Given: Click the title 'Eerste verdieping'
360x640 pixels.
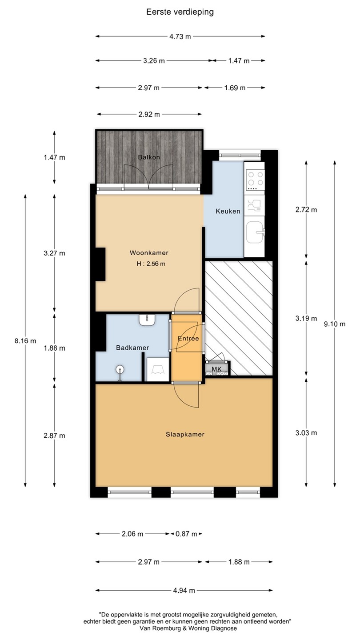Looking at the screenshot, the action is point(180,12).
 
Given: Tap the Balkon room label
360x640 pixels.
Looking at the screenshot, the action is point(149,157).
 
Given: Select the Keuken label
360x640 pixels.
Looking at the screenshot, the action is point(228,212).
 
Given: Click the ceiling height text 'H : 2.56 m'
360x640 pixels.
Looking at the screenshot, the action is point(151,264).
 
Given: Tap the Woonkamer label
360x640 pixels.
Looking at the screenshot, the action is point(149,253).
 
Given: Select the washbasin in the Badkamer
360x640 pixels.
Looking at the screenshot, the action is point(147,320).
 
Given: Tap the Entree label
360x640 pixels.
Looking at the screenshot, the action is point(188,339).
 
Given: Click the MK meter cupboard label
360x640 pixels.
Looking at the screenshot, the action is point(216,369).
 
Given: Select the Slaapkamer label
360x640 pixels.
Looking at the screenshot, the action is point(185,435).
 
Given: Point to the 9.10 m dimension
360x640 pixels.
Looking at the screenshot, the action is point(335,324).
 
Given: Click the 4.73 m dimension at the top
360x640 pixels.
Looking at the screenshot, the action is point(180,36).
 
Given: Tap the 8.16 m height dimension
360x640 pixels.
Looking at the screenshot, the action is point(25,340).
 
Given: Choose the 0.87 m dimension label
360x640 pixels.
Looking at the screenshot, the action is point(186,534).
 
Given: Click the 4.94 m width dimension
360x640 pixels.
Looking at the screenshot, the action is point(184,590).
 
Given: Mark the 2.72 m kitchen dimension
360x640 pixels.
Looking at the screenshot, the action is point(306,210).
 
